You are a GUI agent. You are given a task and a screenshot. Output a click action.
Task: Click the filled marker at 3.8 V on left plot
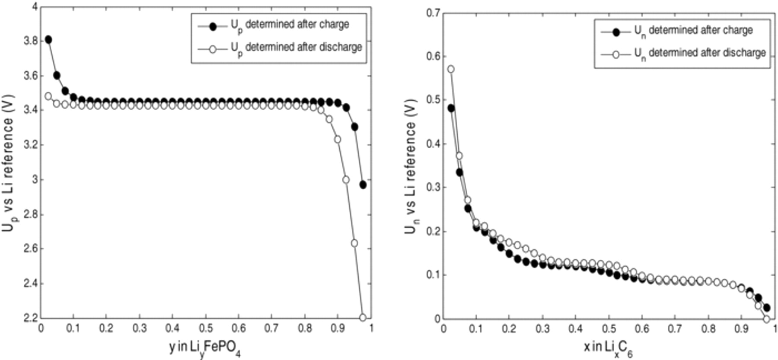point(48,40)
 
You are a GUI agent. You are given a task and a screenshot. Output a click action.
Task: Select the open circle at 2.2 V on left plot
point(363,318)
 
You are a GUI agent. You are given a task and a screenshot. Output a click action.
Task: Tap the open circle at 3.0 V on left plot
point(346,179)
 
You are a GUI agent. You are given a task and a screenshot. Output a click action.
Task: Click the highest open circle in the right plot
point(451,69)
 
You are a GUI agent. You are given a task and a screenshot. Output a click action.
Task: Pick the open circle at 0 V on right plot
point(766,319)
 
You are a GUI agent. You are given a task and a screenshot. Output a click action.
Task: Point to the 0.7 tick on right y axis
point(433,13)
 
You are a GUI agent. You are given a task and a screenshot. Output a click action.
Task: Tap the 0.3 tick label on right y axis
point(433,188)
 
